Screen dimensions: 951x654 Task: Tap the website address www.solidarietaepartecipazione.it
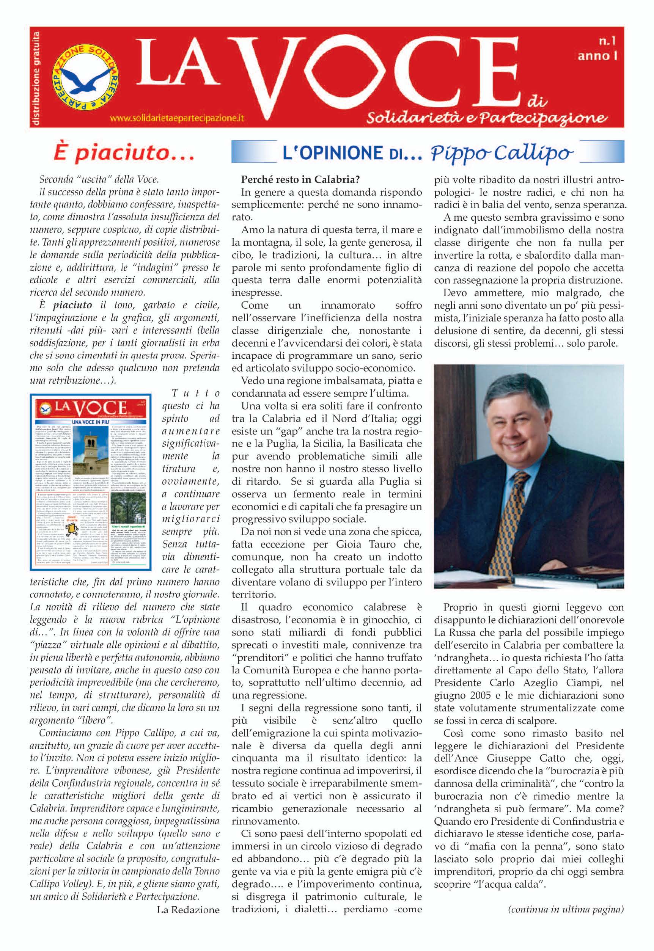point(177,118)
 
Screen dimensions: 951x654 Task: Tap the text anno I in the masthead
point(597,56)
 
